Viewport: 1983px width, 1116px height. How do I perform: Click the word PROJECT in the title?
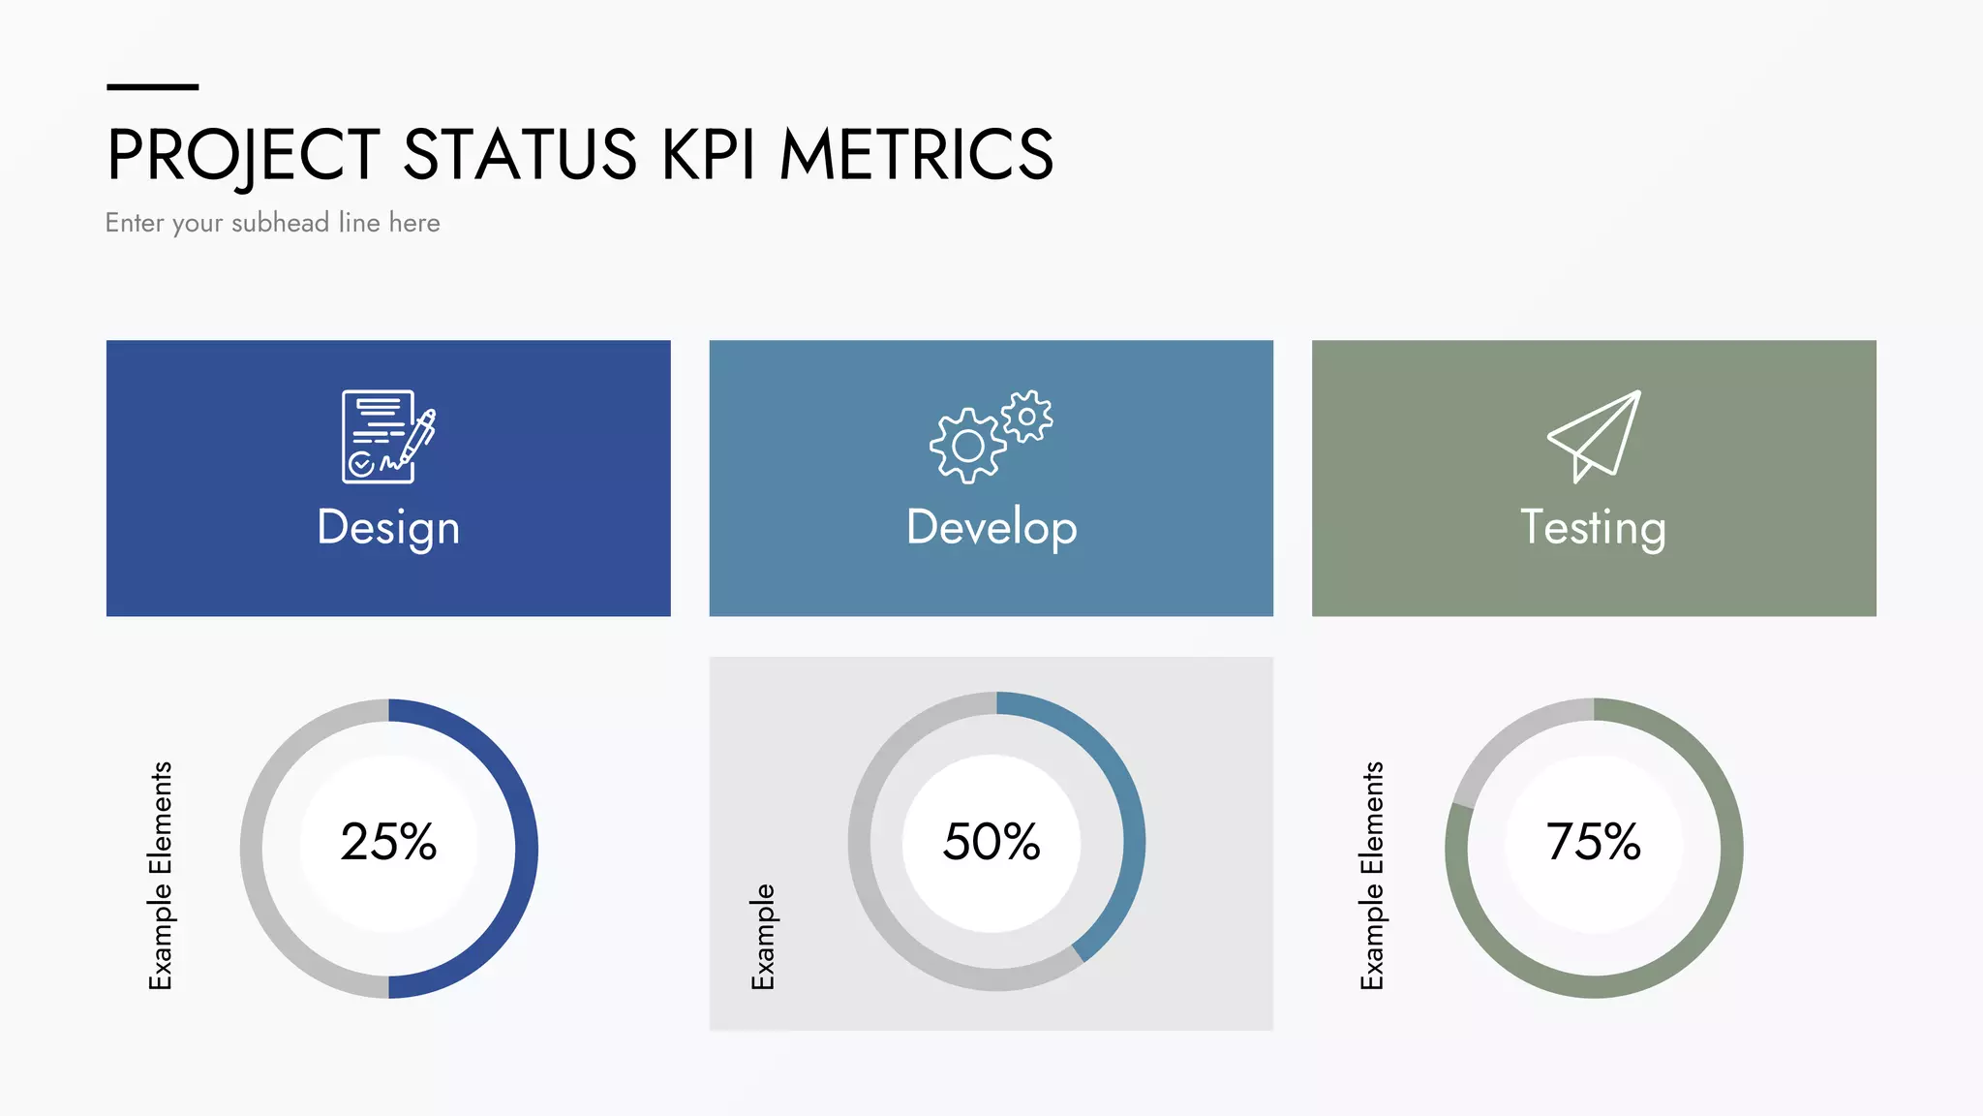(x=243, y=155)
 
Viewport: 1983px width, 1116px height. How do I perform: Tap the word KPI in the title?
(x=708, y=155)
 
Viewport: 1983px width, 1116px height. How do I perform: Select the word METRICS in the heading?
(x=916, y=155)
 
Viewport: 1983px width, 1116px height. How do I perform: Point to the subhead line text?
(x=272, y=223)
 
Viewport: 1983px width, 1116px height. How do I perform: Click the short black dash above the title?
(x=152, y=87)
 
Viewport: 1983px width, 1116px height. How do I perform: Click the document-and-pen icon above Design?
(x=387, y=436)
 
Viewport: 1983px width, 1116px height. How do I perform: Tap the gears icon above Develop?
(x=991, y=436)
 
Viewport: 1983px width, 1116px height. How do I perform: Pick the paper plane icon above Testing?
(x=1594, y=436)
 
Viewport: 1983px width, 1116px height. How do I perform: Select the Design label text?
(x=388, y=528)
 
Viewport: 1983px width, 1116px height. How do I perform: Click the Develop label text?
(x=991, y=528)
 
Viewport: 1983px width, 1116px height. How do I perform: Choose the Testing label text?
(x=1593, y=528)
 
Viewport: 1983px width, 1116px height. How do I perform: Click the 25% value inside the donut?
(x=388, y=841)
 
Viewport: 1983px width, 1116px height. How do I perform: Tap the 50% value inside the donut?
(x=991, y=841)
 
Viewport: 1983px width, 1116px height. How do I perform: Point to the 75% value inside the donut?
(x=1594, y=841)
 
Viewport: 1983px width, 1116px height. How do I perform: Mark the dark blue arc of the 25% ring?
(x=526, y=849)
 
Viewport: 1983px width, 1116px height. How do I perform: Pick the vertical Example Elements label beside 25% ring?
(x=161, y=876)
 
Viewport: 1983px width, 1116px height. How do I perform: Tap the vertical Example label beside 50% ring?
(x=763, y=936)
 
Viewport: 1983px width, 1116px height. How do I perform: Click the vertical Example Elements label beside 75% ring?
(x=1372, y=876)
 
